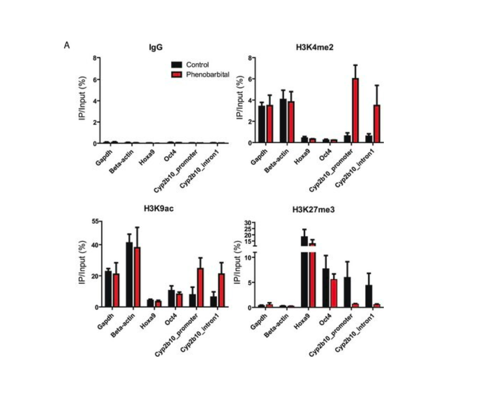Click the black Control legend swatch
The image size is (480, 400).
176,65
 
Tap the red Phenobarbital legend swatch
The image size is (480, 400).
176,74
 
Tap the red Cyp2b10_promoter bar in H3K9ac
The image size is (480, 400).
200,288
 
